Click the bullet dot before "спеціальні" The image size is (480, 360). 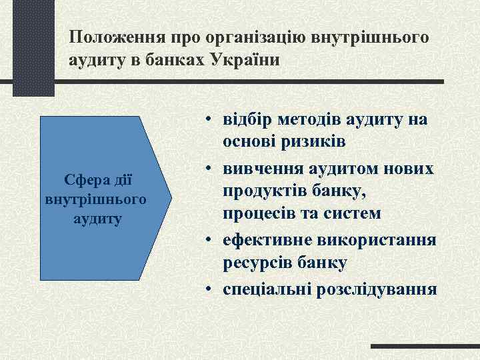209,288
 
